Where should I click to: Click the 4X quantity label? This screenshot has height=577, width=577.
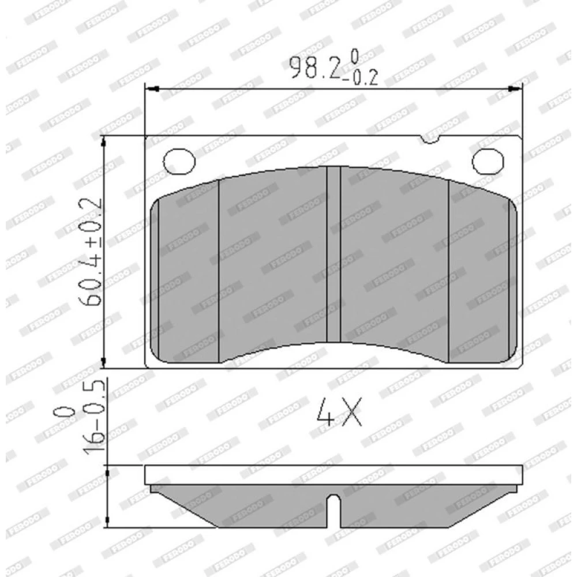339,411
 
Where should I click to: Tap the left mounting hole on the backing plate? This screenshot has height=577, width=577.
179,161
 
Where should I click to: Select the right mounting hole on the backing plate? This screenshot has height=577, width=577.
488,161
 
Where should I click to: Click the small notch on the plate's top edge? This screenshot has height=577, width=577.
430,140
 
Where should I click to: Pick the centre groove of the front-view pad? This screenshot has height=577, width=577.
334,254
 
